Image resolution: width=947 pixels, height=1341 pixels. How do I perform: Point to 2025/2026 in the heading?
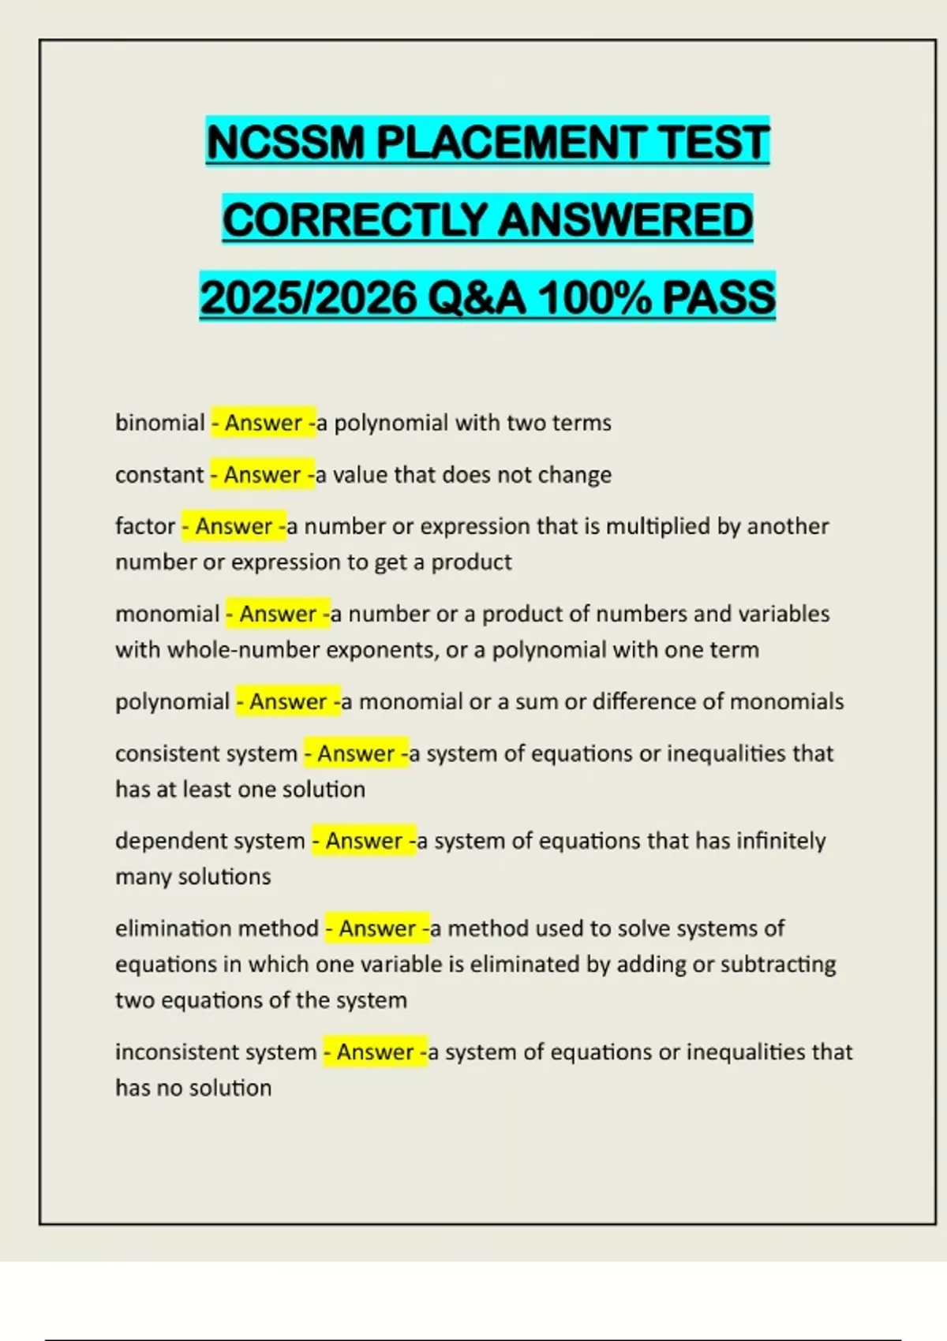point(309,298)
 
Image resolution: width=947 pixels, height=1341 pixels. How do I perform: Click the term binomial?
point(159,423)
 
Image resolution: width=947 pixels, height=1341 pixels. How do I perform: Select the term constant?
point(159,475)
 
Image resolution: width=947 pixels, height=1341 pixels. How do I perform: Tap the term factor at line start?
point(145,526)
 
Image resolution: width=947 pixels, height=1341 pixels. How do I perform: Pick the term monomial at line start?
point(167,614)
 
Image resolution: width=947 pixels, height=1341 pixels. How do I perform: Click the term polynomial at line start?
point(172,701)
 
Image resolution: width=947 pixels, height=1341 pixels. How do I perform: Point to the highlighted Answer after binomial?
point(264,423)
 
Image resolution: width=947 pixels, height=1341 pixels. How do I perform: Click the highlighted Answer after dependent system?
point(365,841)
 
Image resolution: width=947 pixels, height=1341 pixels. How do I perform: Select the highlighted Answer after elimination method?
point(378,928)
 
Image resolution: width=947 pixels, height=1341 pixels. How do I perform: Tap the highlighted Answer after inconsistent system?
point(376,1052)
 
